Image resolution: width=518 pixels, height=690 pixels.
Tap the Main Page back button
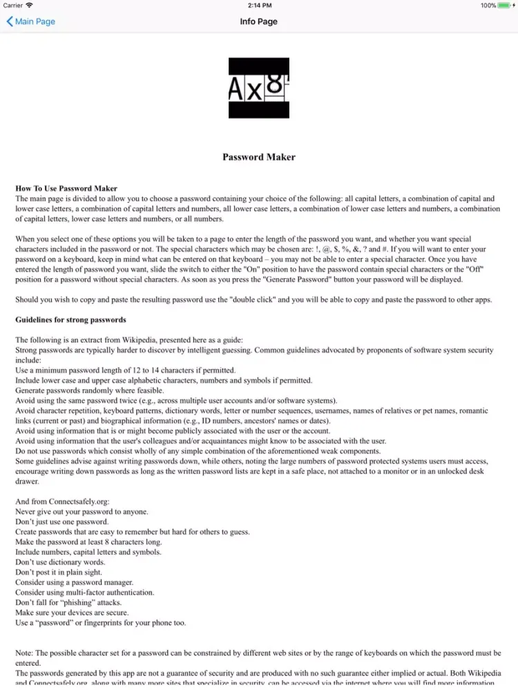click(x=31, y=21)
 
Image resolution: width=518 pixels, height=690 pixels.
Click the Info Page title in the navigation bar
click(x=258, y=21)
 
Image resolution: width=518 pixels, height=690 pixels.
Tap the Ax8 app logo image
click(x=259, y=88)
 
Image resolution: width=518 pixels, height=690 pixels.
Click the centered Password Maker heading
click(x=259, y=157)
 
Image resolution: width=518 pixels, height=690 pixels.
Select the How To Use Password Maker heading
click(x=66, y=188)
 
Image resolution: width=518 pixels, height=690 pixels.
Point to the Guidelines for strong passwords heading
click(x=70, y=320)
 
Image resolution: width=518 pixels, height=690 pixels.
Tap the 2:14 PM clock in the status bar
click(x=259, y=6)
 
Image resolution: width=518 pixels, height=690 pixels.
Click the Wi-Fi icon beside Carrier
click(x=29, y=6)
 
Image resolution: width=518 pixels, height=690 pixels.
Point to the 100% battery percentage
click(x=488, y=6)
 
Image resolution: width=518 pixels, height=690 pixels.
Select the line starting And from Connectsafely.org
click(x=62, y=502)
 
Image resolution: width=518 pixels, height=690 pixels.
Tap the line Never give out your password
click(x=81, y=512)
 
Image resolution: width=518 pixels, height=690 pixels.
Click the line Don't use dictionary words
click(x=60, y=562)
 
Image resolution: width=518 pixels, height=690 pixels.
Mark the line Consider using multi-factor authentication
click(x=85, y=593)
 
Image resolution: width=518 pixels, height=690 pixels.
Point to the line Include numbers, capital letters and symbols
click(x=88, y=552)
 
